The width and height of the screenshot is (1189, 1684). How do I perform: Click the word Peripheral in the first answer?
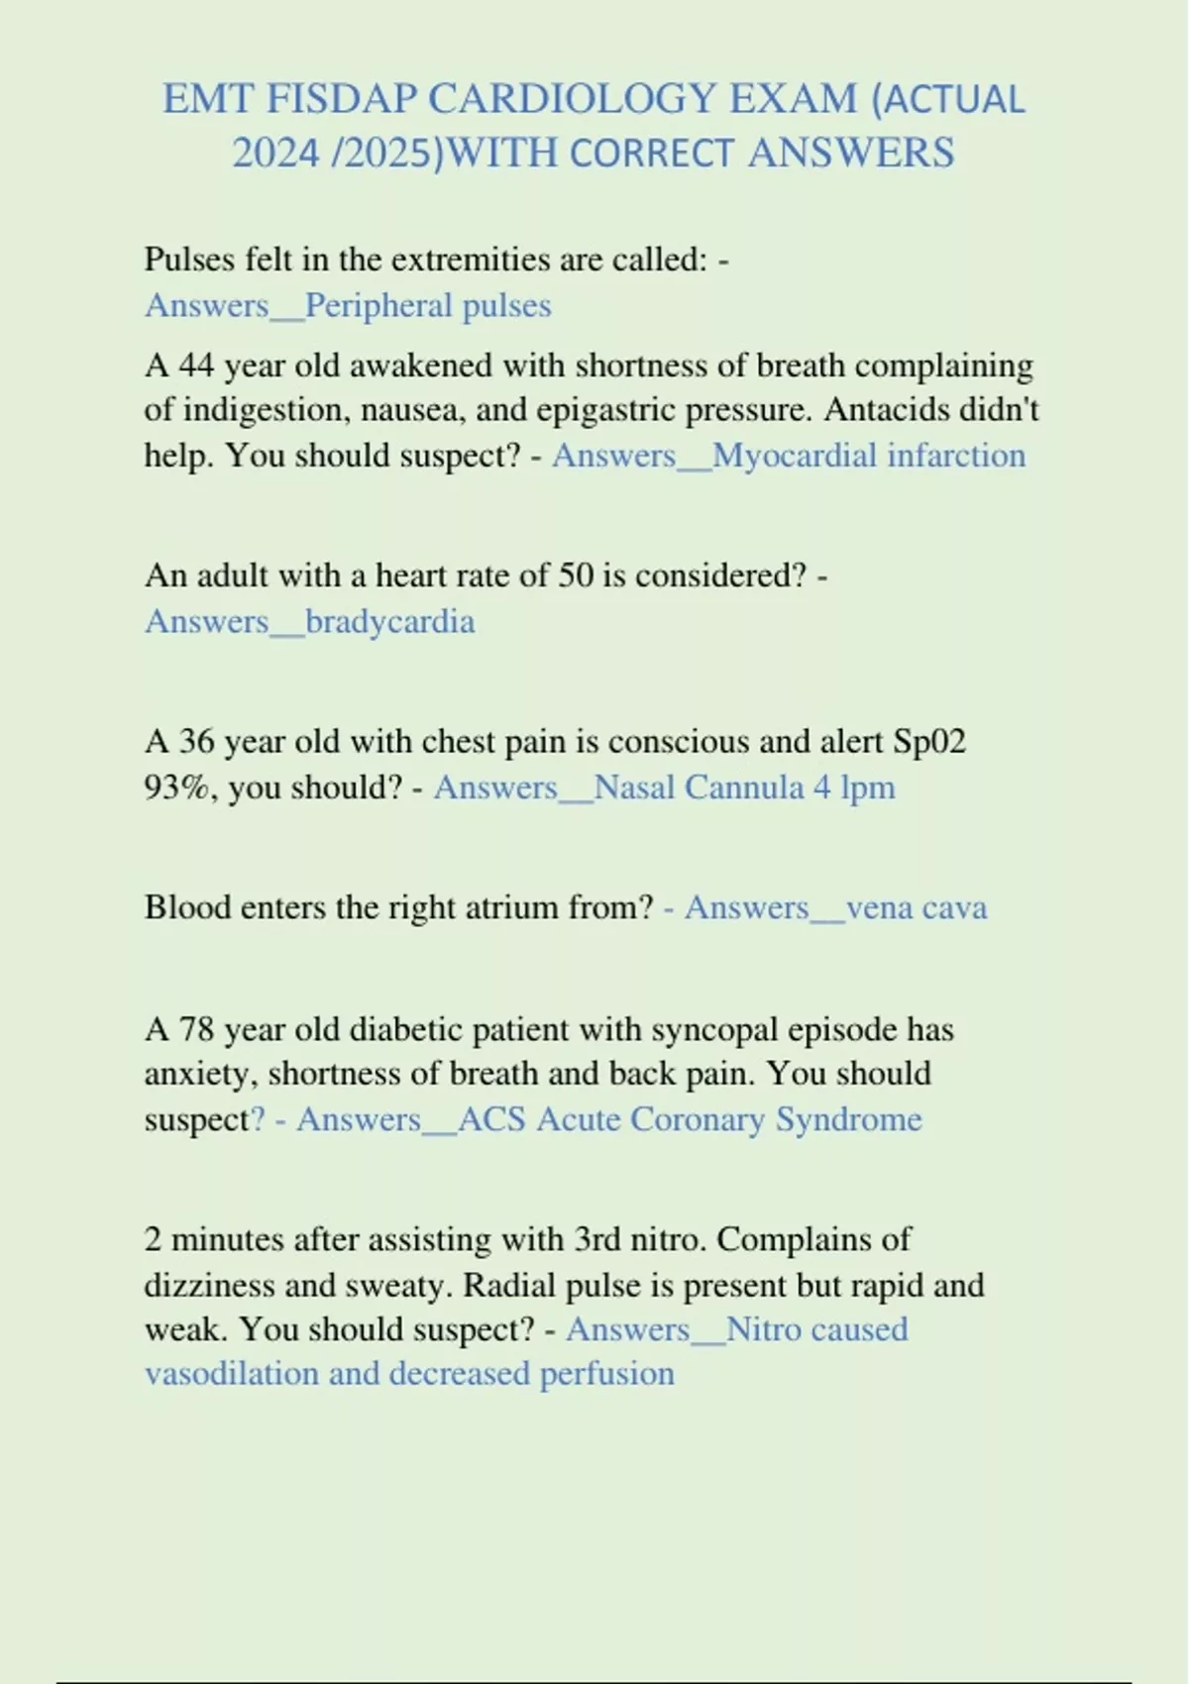[378, 305]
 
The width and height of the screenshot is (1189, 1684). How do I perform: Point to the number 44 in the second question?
[196, 366]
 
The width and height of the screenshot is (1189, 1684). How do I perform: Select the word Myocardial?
[795, 456]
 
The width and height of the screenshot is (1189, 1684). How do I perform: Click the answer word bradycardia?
[389, 622]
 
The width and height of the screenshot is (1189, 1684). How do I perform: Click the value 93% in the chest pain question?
[173, 788]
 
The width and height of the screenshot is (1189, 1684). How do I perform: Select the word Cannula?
[744, 788]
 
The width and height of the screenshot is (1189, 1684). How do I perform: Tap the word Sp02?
[929, 742]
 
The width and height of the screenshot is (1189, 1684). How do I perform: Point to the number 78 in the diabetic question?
[196, 1029]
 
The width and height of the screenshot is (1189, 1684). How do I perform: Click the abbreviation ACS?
[491, 1119]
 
